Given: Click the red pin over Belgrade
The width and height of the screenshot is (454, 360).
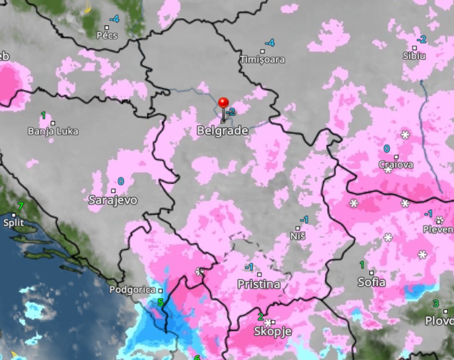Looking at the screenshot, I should coord(223,103).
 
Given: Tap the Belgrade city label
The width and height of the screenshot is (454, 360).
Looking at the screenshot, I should coord(222,130).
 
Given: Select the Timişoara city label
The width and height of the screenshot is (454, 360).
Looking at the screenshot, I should coord(262,59).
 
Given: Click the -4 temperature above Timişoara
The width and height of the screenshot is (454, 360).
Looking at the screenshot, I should coord(270,43).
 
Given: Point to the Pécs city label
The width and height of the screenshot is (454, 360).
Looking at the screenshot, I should coord(107,35).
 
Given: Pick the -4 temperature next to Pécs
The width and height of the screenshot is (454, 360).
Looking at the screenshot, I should coord(114,19).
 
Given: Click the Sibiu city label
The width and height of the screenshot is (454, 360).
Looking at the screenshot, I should coord(414,56).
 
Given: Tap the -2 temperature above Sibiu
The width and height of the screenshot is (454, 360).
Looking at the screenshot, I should coord(421,40).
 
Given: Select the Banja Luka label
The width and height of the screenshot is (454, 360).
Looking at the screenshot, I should coord(53,131).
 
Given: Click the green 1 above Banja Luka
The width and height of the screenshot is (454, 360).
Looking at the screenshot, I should coord(43,115).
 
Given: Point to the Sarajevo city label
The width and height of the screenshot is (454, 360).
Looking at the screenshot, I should coord(113,200).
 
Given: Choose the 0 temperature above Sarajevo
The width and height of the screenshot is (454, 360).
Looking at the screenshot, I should coord(121,182).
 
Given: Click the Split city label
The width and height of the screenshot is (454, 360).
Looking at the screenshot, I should coord(13,222).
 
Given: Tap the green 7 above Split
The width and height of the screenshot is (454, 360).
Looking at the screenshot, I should coord(21,206).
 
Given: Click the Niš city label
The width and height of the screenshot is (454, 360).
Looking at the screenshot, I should coord(298,236).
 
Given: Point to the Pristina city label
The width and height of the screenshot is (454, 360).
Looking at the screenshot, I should coord(259,285).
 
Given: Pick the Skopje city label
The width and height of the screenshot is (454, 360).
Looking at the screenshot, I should coord(272,332).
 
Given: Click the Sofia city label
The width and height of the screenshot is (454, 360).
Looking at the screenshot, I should coord(371,282).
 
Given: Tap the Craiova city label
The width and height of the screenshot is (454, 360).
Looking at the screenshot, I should coord(396,165).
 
